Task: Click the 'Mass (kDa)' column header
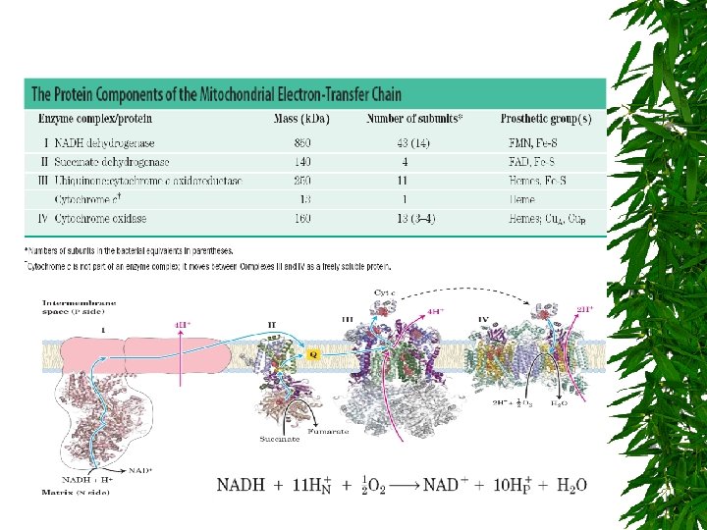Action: pos(301,120)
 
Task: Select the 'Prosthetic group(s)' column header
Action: pos(546,120)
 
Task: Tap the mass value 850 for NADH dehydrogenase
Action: pos(302,142)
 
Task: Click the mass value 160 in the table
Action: pos(302,218)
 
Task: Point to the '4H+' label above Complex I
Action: pos(183,323)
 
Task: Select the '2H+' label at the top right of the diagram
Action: pos(584,307)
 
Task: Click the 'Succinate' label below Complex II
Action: pos(281,439)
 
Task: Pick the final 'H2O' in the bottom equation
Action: pos(569,485)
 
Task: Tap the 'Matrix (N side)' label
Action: pos(75,491)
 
